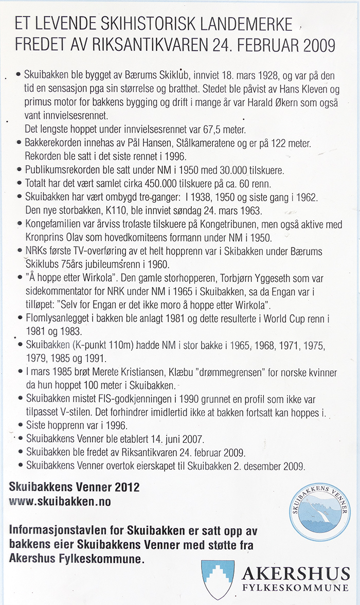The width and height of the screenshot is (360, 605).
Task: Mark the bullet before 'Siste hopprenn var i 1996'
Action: click(19, 425)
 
